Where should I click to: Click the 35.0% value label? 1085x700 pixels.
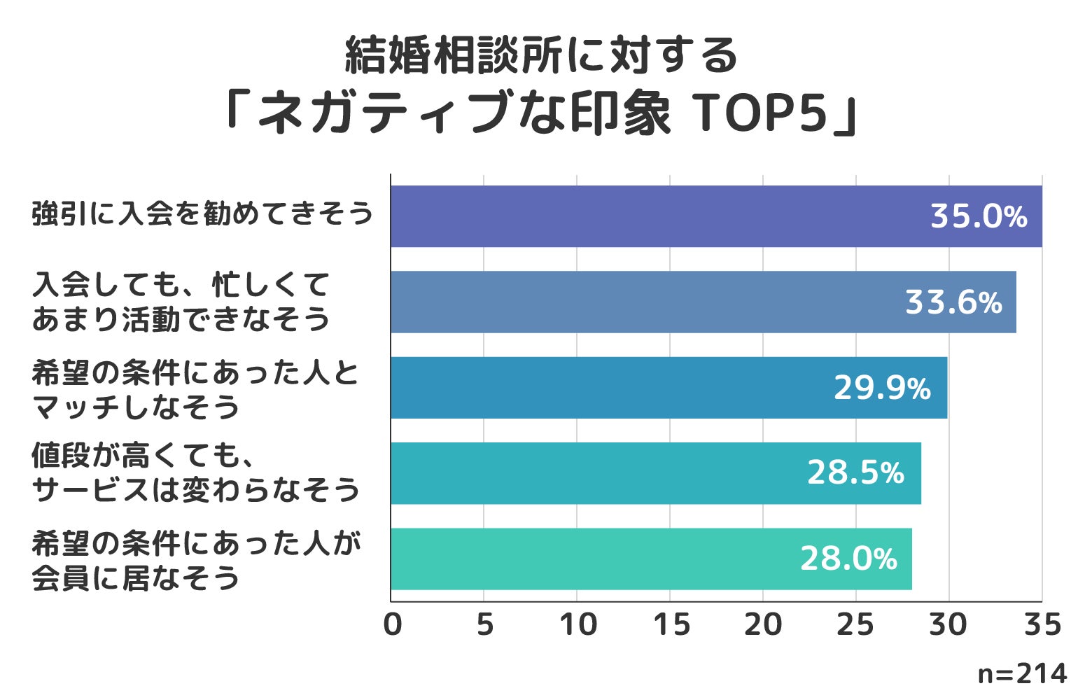tap(978, 217)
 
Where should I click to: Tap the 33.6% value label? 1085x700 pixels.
tap(953, 302)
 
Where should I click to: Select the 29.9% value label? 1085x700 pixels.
tap(882, 388)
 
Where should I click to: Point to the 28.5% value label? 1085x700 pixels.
tap(855, 473)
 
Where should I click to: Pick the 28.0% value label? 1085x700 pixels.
tap(848, 559)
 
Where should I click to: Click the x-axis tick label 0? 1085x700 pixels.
tap(393, 624)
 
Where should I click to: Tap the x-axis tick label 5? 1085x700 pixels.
tap(484, 624)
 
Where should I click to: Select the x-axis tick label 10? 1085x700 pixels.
tap(577, 624)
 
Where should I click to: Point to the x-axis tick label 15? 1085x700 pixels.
tap(671, 624)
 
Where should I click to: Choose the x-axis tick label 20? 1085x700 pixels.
tap(763, 624)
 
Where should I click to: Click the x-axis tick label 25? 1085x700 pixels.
tap(855, 624)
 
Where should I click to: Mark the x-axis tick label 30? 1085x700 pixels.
tap(948, 624)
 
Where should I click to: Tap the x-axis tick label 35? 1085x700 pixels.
tap(1042, 624)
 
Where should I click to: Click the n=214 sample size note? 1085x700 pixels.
tap(1022, 673)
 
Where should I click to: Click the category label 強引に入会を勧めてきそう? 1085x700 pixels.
tap(202, 213)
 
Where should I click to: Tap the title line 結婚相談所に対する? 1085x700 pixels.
tap(541, 56)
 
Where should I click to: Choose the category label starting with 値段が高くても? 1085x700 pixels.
tap(195, 473)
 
